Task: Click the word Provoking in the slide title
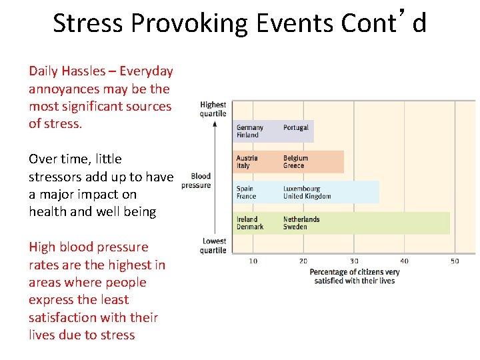coord(177,23)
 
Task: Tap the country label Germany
coord(250,127)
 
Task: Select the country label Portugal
coord(295,127)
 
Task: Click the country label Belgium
coord(295,159)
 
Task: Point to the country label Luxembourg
coord(301,189)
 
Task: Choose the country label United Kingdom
coord(307,197)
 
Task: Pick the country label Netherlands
coord(301,219)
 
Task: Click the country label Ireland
coord(247,219)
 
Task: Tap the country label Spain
coord(245,189)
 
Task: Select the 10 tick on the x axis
coord(253,261)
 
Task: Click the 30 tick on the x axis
coord(354,261)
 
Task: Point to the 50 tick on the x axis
coord(455,261)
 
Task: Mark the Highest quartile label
coord(213,109)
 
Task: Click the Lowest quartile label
coord(213,246)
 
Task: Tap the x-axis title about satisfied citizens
coord(354,276)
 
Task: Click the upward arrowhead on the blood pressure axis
coord(214,123)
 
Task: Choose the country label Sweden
coord(295,227)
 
